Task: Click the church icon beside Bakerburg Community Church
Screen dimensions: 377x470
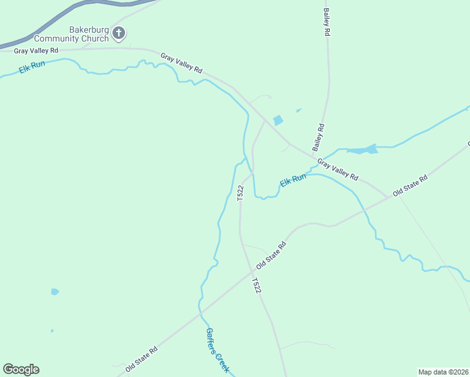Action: (119, 33)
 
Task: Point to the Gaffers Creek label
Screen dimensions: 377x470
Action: (217, 350)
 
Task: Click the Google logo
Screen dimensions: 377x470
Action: (21, 369)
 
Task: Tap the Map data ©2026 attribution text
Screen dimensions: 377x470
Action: (444, 371)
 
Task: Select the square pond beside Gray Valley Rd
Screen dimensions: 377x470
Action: (277, 120)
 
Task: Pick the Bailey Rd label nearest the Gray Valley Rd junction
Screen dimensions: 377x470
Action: (319, 137)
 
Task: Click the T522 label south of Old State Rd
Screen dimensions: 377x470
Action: (256, 285)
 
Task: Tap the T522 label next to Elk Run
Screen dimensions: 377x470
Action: (240, 193)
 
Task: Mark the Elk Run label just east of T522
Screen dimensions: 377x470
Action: (293, 180)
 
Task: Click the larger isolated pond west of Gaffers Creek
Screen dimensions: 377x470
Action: (55, 292)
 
